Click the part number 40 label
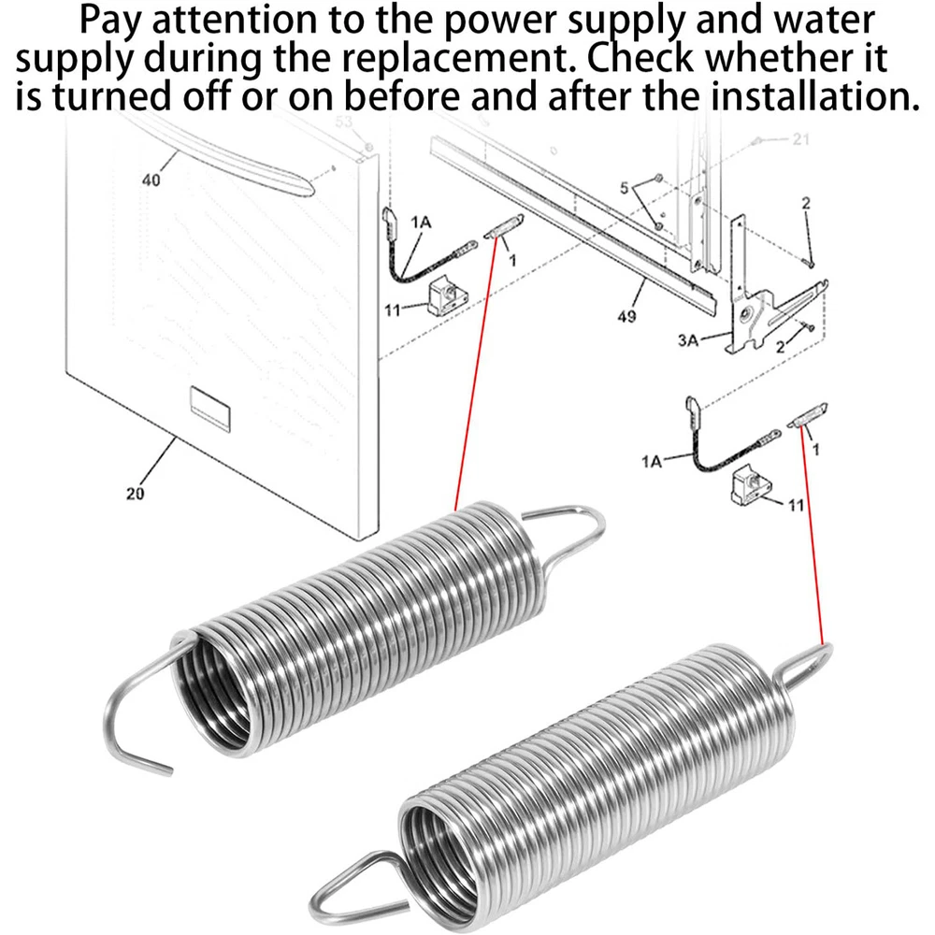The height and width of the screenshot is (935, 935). (x=151, y=180)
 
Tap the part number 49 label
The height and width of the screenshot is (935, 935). (x=626, y=316)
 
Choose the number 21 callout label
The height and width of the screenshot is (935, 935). (x=800, y=140)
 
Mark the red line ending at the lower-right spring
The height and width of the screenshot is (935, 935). (x=813, y=542)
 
